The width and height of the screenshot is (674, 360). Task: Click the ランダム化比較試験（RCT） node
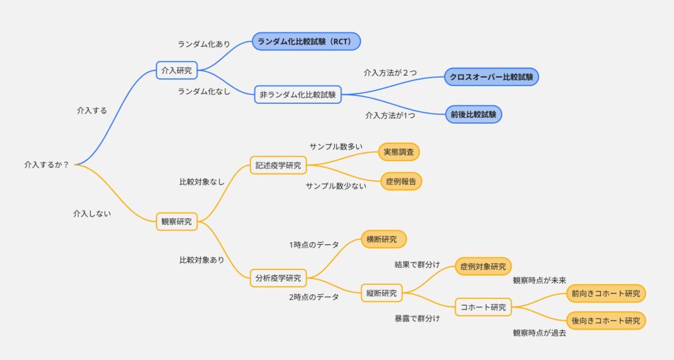tap(306, 41)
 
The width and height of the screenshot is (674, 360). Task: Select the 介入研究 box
tap(176, 70)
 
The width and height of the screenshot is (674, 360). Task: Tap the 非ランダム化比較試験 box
tap(298, 95)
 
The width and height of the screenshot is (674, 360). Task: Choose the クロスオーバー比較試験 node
tap(491, 77)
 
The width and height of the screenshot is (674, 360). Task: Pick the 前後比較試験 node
tap(473, 115)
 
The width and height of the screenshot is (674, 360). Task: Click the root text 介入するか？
tap(47, 165)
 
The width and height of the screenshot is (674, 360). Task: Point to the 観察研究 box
tap(176, 222)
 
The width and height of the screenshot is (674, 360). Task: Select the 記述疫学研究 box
tap(278, 165)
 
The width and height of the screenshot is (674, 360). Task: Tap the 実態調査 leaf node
tap(399, 152)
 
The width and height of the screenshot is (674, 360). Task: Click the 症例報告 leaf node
tap(401, 181)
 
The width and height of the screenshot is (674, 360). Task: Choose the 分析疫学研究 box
tap(278, 278)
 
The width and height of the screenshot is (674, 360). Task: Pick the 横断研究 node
tap(384, 240)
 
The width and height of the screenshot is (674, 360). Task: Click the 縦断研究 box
tap(382, 293)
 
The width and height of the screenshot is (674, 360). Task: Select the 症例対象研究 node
tap(483, 267)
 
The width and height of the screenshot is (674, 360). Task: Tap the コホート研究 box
tap(483, 307)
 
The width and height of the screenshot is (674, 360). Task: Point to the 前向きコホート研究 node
tap(606, 294)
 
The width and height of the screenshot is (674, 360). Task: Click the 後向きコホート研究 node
tap(606, 321)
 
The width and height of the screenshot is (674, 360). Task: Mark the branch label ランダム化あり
tap(204, 44)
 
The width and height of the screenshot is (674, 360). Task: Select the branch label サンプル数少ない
tap(336, 186)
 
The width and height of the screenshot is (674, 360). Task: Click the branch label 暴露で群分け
tap(417, 319)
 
